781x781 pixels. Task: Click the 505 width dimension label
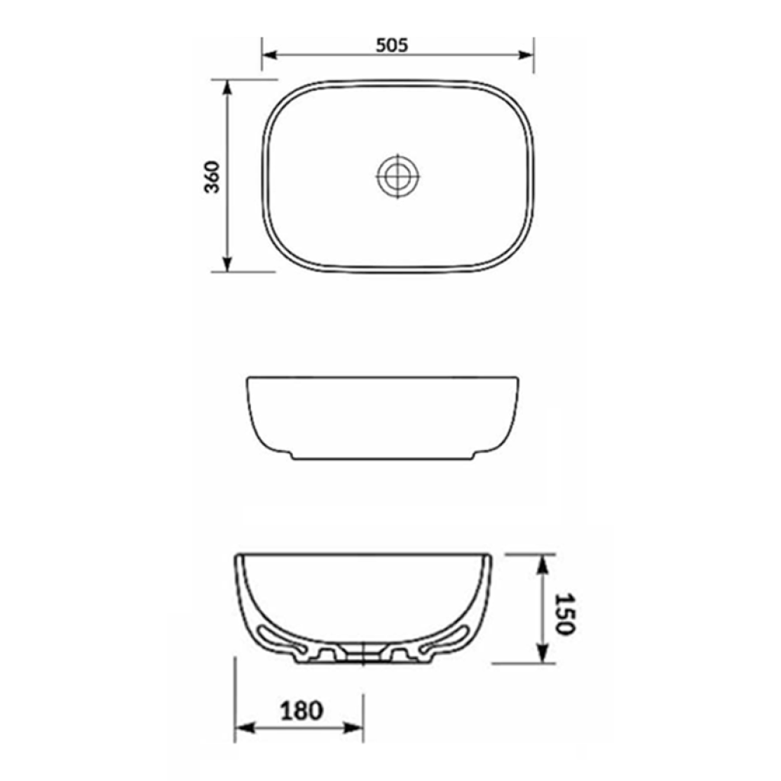coord(391,45)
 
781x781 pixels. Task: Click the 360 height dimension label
coord(212,177)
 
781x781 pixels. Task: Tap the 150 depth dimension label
coord(565,614)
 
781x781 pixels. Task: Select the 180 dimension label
coord(302,711)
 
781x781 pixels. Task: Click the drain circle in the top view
coord(397,176)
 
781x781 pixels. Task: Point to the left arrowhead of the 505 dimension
coord(269,54)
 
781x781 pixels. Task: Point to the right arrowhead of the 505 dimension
coord(526,54)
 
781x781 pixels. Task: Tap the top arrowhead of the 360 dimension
coord(227,87)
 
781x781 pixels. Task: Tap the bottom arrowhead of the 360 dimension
coord(227,265)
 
